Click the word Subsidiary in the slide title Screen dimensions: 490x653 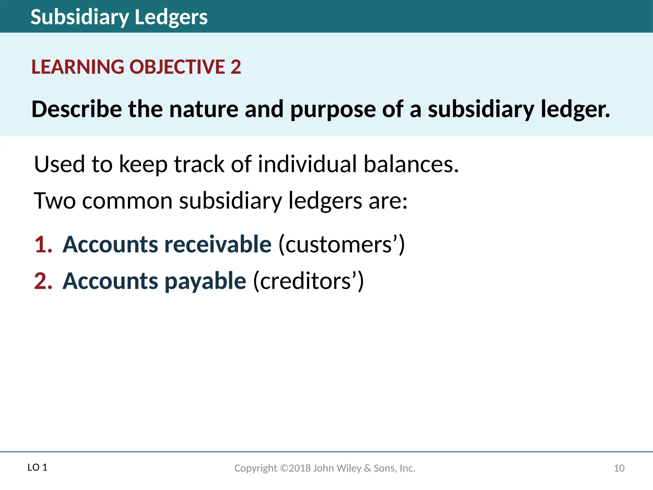click(x=80, y=17)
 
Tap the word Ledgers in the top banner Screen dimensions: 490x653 click(x=171, y=17)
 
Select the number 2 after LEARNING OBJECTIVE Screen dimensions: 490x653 click(x=236, y=67)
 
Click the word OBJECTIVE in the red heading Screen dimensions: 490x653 click(x=177, y=67)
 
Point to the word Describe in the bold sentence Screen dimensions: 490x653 click(x=77, y=109)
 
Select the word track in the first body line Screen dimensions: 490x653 click(x=199, y=164)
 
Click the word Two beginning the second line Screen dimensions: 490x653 click(x=55, y=201)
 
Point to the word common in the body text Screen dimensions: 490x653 click(x=127, y=201)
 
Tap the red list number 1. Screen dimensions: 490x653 click(x=43, y=245)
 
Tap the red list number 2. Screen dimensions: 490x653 click(x=43, y=281)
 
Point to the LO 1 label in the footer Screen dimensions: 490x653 click(x=37, y=468)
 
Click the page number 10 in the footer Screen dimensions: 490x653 click(x=619, y=468)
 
